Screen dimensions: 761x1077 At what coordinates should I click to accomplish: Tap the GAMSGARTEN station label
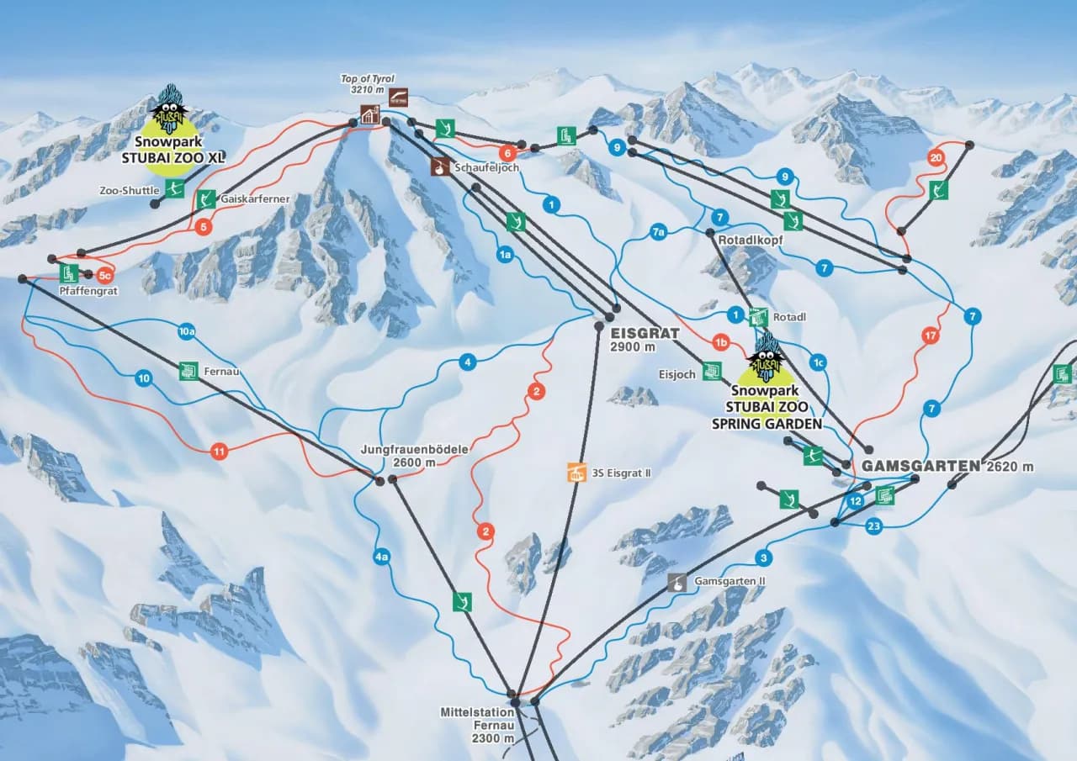point(920,466)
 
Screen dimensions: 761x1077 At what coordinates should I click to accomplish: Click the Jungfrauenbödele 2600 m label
point(414,456)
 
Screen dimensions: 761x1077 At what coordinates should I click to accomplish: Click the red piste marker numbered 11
point(220,452)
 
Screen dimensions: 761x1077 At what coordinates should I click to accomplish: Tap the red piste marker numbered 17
point(930,336)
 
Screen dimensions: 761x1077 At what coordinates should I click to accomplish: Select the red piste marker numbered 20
point(936,157)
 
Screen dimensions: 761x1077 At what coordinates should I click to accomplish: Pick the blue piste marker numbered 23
point(874,526)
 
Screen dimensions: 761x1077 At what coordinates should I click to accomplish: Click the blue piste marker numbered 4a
point(382,557)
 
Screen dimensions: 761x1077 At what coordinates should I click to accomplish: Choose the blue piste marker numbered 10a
point(188,332)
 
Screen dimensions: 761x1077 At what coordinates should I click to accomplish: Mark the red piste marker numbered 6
point(507,153)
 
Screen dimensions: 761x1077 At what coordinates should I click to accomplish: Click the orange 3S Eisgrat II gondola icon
point(576,473)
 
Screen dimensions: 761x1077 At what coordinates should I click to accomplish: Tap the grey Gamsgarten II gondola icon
point(676,582)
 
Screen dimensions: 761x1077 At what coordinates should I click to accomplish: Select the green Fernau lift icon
point(188,371)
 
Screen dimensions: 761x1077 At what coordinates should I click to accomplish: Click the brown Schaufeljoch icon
point(439,167)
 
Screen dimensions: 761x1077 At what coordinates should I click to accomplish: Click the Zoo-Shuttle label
point(129,191)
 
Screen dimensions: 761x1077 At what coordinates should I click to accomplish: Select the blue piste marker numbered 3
point(763,557)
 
